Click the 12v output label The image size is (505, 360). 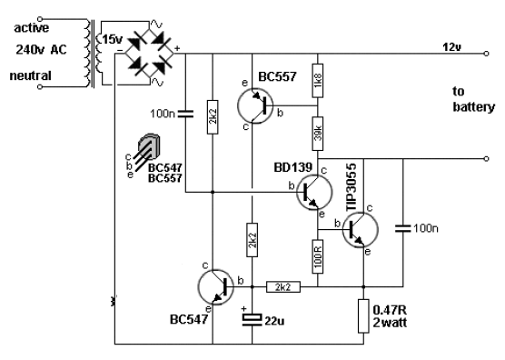pos(452,45)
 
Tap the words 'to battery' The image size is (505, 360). pos(470,99)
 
